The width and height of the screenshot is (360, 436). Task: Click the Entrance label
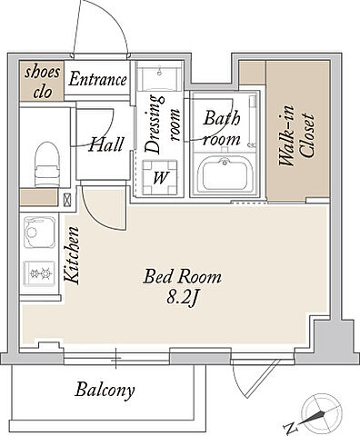pos(97,80)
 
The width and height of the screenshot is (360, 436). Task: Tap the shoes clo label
pos(42,81)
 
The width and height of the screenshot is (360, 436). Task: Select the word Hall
pos(106,144)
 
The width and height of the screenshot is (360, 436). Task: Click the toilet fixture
pos(46,163)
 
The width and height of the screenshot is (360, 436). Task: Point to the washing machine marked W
pos(160,177)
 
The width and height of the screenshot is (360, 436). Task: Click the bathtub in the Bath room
pos(225,174)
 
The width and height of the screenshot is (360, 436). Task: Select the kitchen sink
pos(39,233)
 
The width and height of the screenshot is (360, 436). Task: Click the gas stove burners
pos(39,273)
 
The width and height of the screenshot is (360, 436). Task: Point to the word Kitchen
pos(72,255)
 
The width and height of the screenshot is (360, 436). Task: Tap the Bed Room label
pos(182,277)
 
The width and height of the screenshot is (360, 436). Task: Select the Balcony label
pos(105,391)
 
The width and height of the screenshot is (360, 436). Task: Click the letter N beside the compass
pos(290,428)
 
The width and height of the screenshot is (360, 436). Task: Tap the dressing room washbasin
pos(159,75)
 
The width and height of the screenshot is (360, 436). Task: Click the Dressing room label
pos(162,124)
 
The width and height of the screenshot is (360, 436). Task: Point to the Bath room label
pos(222,128)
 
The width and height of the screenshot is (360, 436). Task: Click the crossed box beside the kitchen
pos(67,200)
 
